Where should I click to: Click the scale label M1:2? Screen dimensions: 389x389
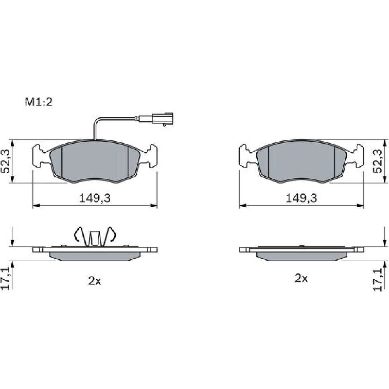39,102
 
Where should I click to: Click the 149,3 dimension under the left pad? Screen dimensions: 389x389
95,198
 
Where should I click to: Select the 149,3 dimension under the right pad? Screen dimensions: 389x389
301,198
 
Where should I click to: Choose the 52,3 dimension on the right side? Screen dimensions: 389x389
378,161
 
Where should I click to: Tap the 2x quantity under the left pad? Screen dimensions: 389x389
95,281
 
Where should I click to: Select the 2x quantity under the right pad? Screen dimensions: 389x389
301,279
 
